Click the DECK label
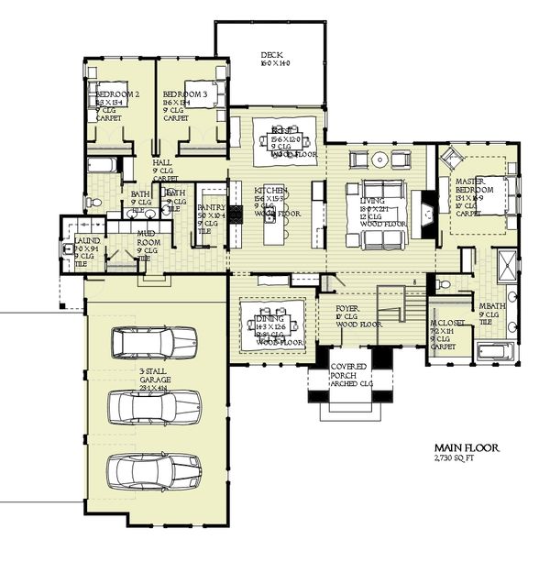pyautogui.click(x=271, y=56)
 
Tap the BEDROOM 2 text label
pyautogui.click(x=118, y=94)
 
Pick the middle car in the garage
pyautogui.click(x=154, y=406)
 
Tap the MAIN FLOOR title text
pyautogui.click(x=467, y=448)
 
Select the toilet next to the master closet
pyautogui.click(x=444, y=285)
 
